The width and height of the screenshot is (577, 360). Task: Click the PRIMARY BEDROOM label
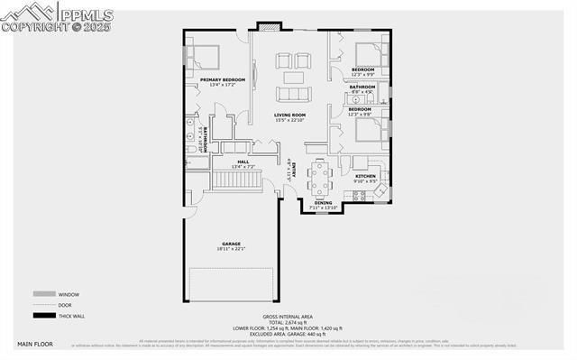pos(221,79)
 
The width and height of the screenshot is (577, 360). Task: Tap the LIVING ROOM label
pos(289,115)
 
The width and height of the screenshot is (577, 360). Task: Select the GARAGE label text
pos(231,244)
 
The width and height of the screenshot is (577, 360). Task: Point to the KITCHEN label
pos(364,176)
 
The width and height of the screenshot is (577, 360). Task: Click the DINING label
pos(323,203)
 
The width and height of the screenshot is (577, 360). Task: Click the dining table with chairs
pos(319,177)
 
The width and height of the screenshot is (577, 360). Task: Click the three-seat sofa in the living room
pos(290,94)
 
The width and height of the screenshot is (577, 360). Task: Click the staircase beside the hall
pos(235,182)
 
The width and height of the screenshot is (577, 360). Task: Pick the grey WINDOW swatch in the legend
pos(43,294)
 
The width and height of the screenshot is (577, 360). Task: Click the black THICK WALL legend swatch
pos(43,316)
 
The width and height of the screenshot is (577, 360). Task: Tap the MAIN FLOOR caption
pos(36,345)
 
